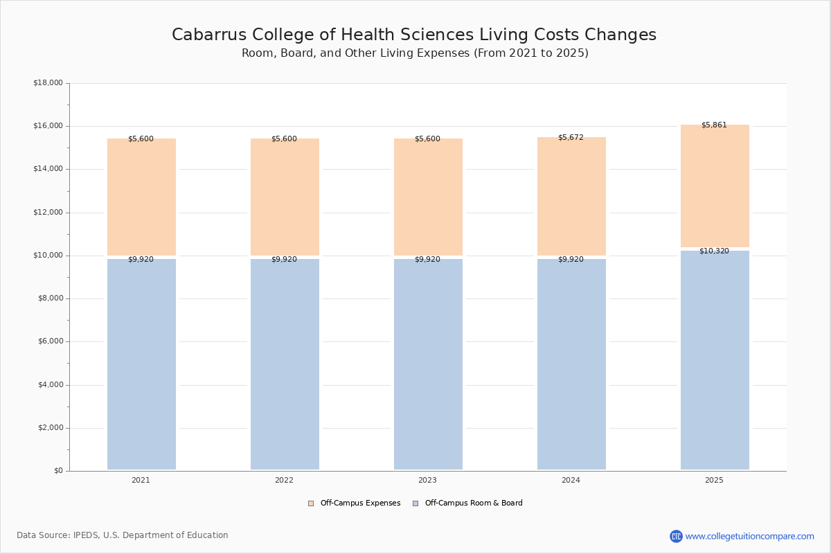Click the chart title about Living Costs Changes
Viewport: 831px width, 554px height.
click(x=414, y=35)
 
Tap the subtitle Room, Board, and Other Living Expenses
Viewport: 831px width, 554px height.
click(x=415, y=53)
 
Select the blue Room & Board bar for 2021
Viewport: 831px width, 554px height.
click(x=141, y=364)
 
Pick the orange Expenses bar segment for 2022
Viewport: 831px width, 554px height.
click(x=285, y=197)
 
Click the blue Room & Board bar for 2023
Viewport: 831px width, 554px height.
click(x=428, y=364)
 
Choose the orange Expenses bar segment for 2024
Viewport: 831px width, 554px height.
click(x=571, y=197)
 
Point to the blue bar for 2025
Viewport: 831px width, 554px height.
click(x=715, y=360)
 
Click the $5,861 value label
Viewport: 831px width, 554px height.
click(x=714, y=125)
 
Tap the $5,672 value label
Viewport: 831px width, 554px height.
click(x=571, y=138)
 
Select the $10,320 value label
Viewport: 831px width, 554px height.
click(x=714, y=251)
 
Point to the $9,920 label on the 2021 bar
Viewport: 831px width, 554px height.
click(x=141, y=260)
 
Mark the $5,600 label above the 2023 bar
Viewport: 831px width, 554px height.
click(x=427, y=139)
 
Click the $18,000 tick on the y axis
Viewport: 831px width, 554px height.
click(x=48, y=83)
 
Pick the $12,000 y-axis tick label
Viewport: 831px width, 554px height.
click(x=48, y=213)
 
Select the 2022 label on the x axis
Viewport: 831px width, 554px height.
click(x=284, y=481)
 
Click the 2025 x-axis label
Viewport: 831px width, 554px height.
click(x=714, y=481)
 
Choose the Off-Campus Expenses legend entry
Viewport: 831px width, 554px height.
click(x=355, y=503)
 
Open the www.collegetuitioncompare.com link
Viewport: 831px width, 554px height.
click(x=749, y=536)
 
